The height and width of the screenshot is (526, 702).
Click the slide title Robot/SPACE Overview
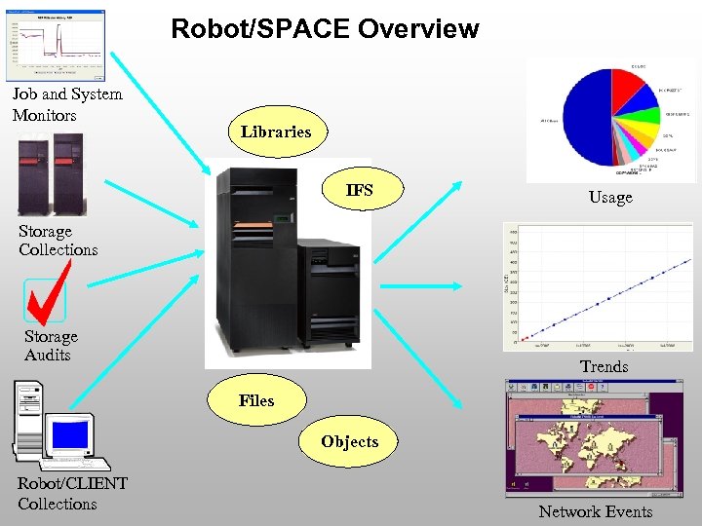coord(325,29)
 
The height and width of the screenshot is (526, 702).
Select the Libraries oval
coord(276,131)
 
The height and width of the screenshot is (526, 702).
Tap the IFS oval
coord(359,190)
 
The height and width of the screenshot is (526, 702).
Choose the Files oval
coord(256,400)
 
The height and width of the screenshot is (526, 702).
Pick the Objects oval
coord(349,442)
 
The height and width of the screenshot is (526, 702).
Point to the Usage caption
coord(610,198)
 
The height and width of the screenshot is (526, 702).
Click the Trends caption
coord(604,366)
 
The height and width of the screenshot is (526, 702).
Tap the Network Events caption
coord(596,511)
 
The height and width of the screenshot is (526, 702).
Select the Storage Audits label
coord(51,346)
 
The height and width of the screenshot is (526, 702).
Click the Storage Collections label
coord(58,241)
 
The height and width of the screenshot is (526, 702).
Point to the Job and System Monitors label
coord(66,104)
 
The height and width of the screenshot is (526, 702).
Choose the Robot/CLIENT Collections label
coord(71,494)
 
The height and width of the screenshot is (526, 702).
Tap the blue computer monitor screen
coord(70,434)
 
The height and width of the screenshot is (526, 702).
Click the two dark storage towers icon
coord(51,173)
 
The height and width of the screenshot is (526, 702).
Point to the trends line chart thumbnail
coord(599,287)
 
